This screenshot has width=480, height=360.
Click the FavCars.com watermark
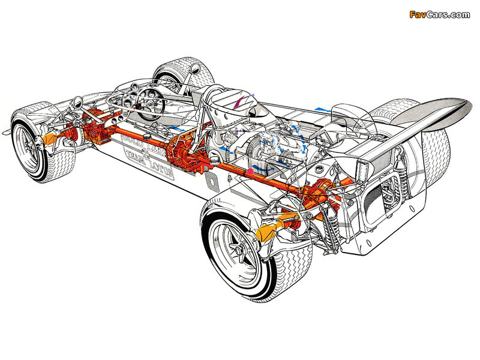tap(440, 14)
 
